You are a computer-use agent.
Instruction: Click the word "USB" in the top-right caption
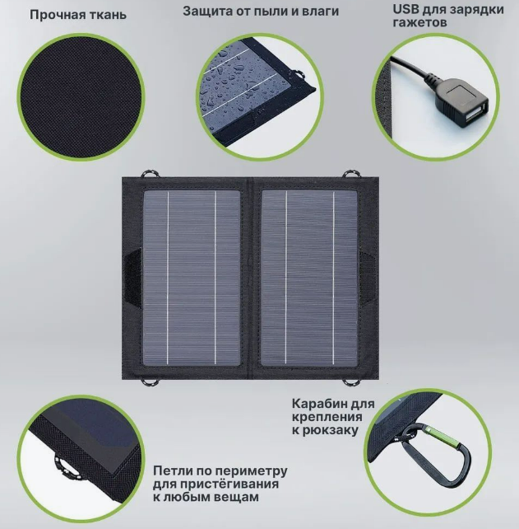[405, 9]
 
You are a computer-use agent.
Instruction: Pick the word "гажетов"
[419, 22]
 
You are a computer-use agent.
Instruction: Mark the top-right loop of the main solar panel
[351, 174]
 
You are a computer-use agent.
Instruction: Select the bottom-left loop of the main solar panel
[150, 382]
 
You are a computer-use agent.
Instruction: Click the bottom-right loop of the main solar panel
[350, 382]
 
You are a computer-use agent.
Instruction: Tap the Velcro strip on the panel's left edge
[133, 278]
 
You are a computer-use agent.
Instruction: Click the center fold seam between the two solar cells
[251, 278]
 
